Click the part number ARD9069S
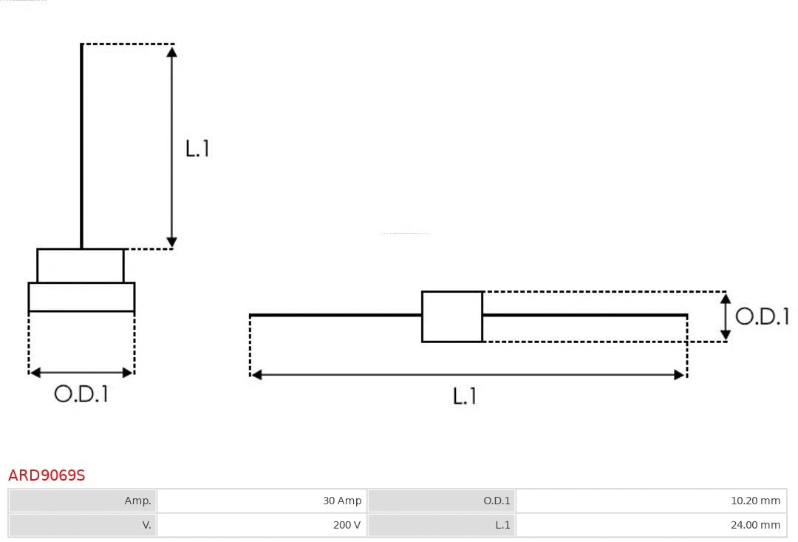pyautogui.click(x=47, y=475)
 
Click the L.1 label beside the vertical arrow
pyautogui.click(x=197, y=149)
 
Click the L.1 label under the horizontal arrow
pyautogui.click(x=464, y=397)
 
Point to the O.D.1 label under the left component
pyautogui.click(x=81, y=394)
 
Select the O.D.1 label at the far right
pyautogui.click(x=762, y=316)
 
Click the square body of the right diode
pyautogui.click(x=452, y=316)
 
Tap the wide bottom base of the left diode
pyautogui.click(x=81, y=297)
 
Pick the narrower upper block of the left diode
pyautogui.click(x=81, y=265)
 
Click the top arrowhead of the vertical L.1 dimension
pyautogui.click(x=171, y=52)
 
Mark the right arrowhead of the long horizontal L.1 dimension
pyautogui.click(x=679, y=375)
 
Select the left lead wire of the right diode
pyautogui.click(x=336, y=315)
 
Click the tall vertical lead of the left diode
pyautogui.click(x=81, y=148)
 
